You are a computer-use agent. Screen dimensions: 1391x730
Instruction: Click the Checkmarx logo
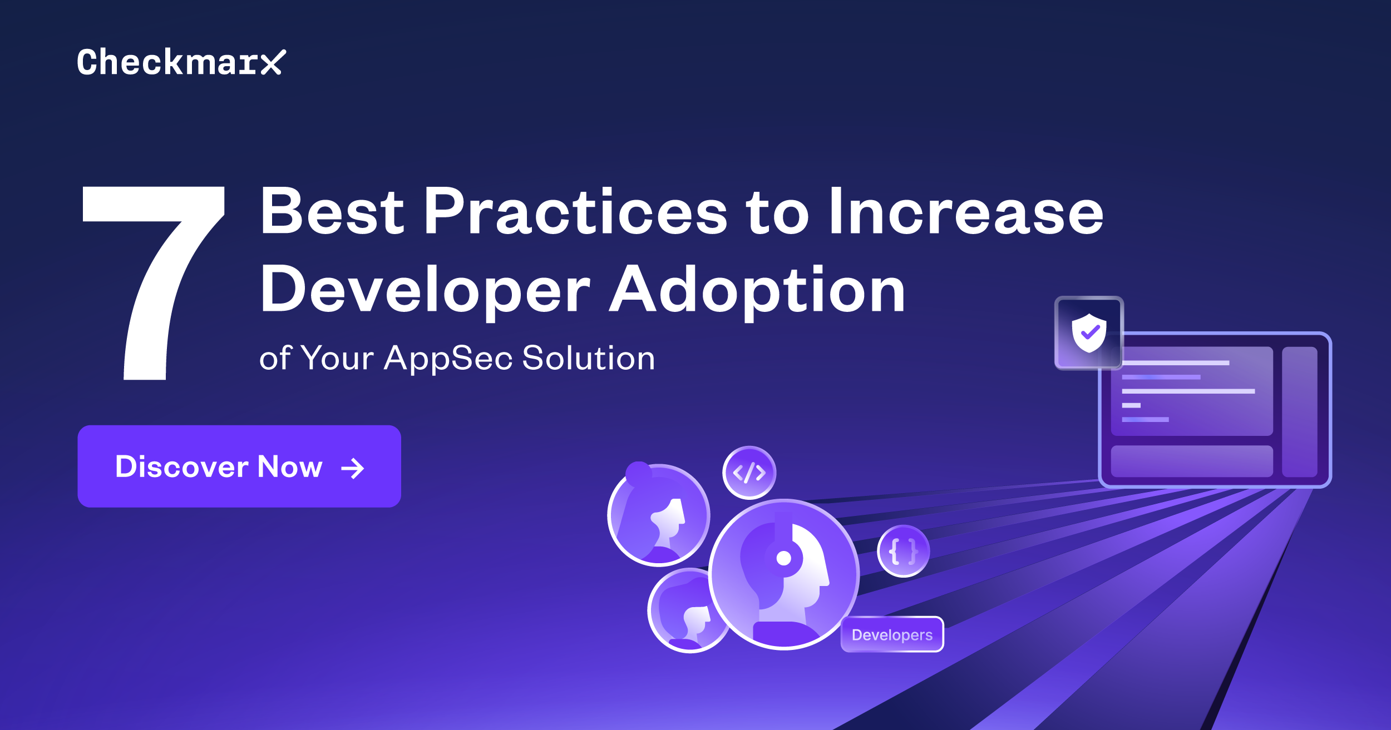pyautogui.click(x=181, y=62)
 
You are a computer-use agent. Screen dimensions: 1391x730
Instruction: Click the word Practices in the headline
pyautogui.click(x=575, y=212)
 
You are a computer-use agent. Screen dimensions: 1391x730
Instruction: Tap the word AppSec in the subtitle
pyautogui.click(x=448, y=359)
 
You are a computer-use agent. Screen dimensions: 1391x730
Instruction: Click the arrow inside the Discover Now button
pyautogui.click(x=353, y=468)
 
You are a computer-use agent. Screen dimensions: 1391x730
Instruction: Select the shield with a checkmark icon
pyautogui.click(x=1089, y=332)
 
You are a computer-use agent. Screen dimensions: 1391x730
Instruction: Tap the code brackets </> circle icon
pyautogui.click(x=749, y=473)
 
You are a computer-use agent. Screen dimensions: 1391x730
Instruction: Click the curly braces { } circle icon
pyautogui.click(x=903, y=551)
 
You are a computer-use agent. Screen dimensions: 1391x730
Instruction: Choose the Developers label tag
pyautogui.click(x=892, y=634)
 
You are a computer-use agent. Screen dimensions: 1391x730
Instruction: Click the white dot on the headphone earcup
pyautogui.click(x=783, y=558)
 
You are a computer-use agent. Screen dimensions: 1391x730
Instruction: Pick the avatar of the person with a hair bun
pyautogui.click(x=659, y=515)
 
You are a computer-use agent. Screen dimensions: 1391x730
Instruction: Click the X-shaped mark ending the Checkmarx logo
pyautogui.click(x=273, y=62)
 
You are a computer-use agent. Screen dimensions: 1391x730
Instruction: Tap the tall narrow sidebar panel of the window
pyautogui.click(x=1300, y=412)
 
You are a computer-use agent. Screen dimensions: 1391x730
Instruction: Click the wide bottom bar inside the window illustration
pyautogui.click(x=1192, y=461)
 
